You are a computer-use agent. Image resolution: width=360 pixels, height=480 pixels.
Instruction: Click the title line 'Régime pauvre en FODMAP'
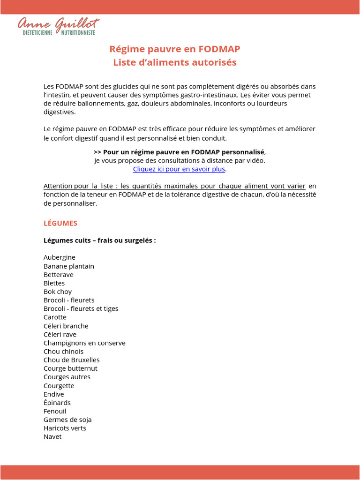pyautogui.click(x=175, y=49)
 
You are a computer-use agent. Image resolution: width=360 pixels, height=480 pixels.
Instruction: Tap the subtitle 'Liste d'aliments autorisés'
pyautogui.click(x=175, y=62)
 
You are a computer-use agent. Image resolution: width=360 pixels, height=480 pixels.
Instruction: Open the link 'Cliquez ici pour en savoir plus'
pyautogui.click(x=179, y=169)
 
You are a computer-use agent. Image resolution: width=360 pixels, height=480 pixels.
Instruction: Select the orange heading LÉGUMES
pyautogui.click(x=60, y=223)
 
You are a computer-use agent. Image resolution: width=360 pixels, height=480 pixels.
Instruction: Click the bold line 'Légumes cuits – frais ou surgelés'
pyautogui.click(x=99, y=240)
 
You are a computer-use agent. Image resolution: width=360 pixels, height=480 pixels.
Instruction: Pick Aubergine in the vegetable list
pyautogui.click(x=60, y=257)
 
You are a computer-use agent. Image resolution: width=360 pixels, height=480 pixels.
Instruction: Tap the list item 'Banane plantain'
pyautogui.click(x=69, y=266)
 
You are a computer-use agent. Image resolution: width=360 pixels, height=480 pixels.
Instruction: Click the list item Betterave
pyautogui.click(x=59, y=275)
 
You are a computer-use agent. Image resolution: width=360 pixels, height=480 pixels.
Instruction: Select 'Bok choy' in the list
pyautogui.click(x=58, y=292)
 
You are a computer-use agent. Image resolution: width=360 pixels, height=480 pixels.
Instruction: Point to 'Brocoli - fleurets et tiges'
pyautogui.click(x=81, y=308)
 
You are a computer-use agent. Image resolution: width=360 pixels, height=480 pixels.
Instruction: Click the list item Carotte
pyautogui.click(x=55, y=317)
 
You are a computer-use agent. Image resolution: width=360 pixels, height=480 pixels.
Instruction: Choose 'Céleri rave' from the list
pyautogui.click(x=60, y=334)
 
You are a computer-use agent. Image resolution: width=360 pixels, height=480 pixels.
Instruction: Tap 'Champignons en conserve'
pyautogui.click(x=84, y=343)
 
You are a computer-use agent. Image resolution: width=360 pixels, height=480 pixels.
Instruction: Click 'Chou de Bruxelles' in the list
pyautogui.click(x=72, y=360)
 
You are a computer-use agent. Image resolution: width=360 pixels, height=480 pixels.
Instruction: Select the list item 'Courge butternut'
pyautogui.click(x=70, y=368)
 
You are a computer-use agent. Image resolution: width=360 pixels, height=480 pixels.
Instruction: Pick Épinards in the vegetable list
pyautogui.click(x=57, y=402)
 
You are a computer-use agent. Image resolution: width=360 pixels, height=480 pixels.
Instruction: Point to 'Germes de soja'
pyautogui.click(x=67, y=420)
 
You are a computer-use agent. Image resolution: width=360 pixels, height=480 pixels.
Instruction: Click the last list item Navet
pyautogui.click(x=52, y=436)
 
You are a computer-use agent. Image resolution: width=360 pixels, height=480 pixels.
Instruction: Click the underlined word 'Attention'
pyautogui.click(x=58, y=186)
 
